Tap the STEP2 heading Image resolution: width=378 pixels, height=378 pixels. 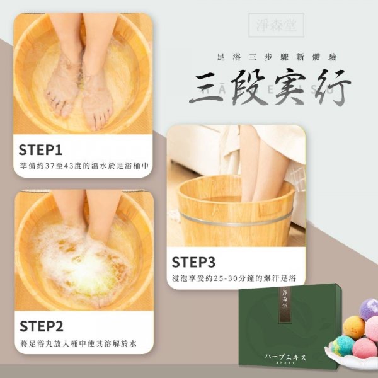point(42,326)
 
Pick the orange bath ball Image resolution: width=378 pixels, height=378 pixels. point(355,328)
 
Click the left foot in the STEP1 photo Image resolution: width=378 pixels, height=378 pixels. point(63,88)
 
